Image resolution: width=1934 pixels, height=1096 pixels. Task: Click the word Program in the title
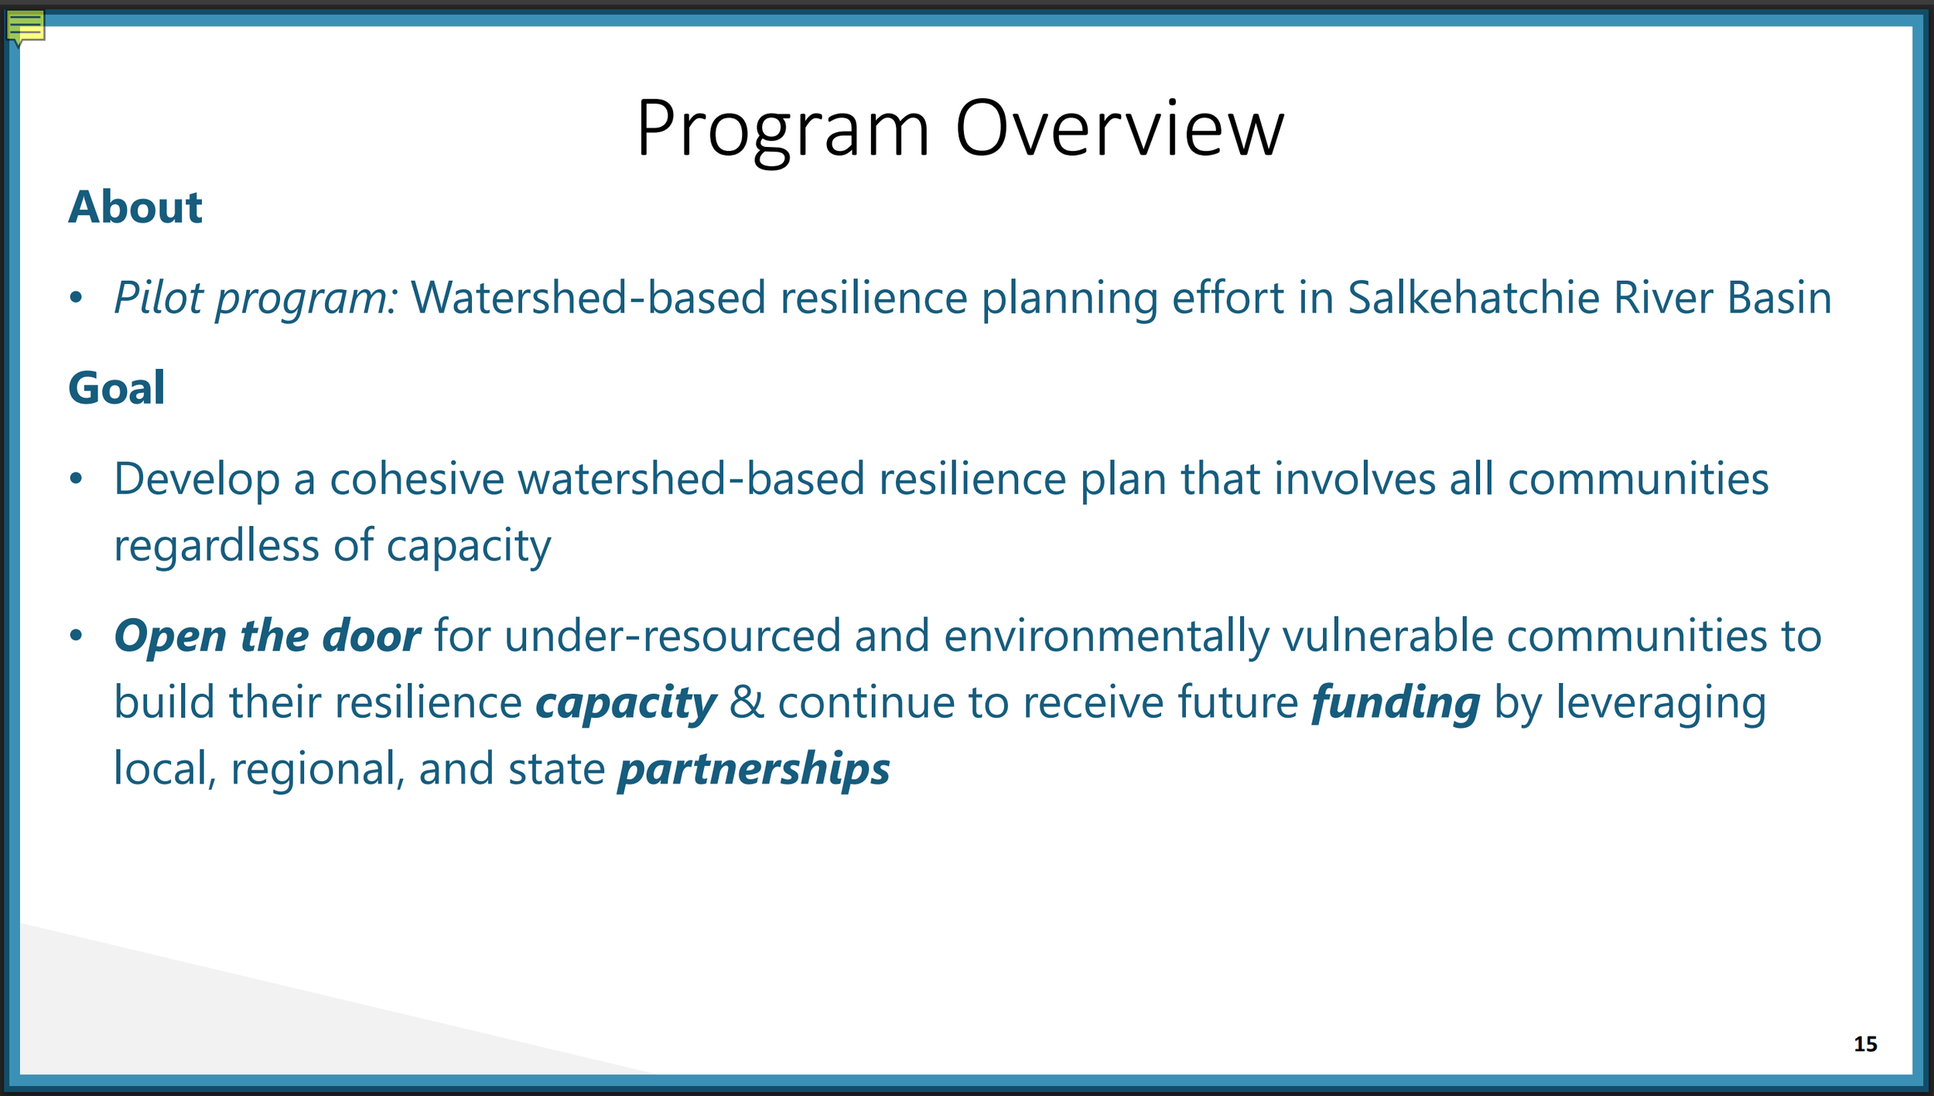(x=782, y=131)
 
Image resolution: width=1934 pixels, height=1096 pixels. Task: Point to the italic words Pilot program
(x=255, y=299)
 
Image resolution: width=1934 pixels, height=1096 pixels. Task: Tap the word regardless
(x=217, y=547)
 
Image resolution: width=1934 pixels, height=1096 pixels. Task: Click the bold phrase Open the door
(x=268, y=637)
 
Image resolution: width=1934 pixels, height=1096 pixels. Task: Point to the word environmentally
(x=1106, y=637)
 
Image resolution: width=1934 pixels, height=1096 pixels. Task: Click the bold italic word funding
(x=1396, y=704)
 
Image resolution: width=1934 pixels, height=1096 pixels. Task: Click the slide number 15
(x=1865, y=1044)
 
